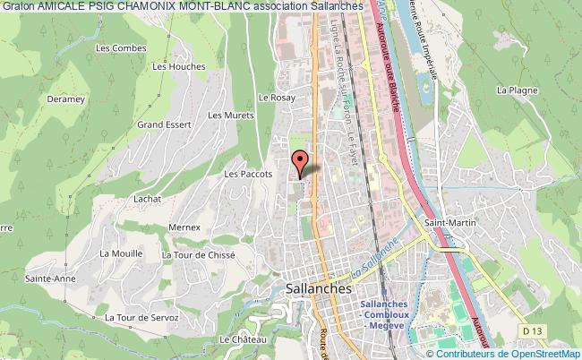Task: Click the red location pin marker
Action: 301,162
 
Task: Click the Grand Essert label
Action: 161,124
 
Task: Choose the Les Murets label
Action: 227,115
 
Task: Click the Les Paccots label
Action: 242,175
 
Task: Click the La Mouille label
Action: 122,253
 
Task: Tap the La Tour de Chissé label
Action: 198,254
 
